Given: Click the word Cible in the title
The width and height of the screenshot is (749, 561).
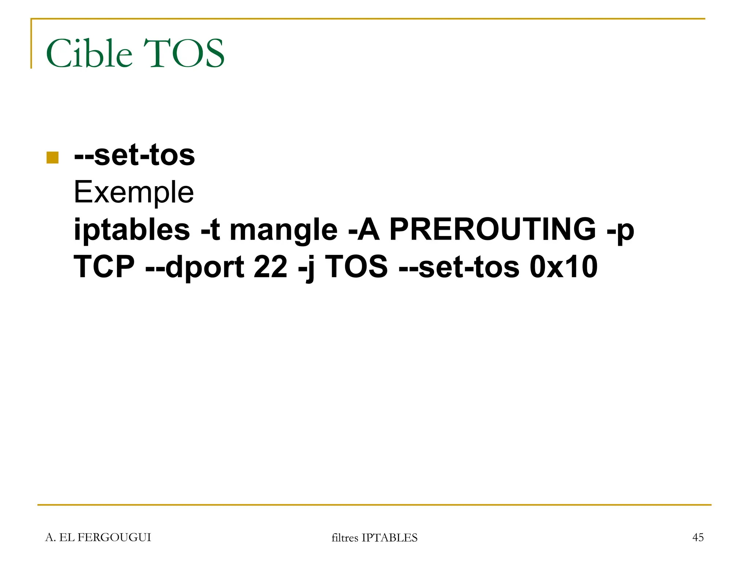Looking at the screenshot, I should tap(89, 54).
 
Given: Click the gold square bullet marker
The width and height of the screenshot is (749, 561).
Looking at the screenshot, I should tap(53, 157).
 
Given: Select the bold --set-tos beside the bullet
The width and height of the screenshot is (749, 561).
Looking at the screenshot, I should tap(134, 155).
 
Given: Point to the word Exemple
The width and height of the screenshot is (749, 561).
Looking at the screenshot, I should tap(133, 192).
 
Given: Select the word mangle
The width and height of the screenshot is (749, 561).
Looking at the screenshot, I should tap(283, 230).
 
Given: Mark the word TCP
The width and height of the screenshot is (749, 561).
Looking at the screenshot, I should tap(104, 267).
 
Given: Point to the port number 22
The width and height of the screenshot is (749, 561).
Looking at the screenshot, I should tap(270, 267).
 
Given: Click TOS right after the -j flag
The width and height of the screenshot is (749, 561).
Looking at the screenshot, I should tap(356, 267).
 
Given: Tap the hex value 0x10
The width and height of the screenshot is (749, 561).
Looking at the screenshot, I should tap(563, 267).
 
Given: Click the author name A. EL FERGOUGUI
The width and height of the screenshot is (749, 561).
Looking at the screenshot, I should tap(98, 537).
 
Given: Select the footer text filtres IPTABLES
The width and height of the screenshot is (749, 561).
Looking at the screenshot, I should tap(374, 538).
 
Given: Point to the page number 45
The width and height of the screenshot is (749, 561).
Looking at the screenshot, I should tap(698, 537).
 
